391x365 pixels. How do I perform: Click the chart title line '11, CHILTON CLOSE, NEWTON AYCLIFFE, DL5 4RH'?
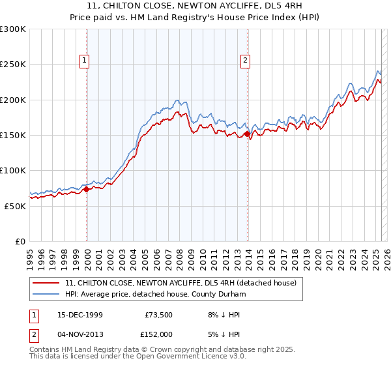195,7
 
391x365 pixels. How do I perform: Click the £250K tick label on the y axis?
13,65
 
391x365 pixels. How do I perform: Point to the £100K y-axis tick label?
13,171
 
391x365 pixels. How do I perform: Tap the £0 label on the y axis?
20,241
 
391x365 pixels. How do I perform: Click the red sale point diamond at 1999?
87,190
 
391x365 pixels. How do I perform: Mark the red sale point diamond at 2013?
247,134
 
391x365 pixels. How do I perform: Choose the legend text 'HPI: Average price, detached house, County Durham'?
155,294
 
